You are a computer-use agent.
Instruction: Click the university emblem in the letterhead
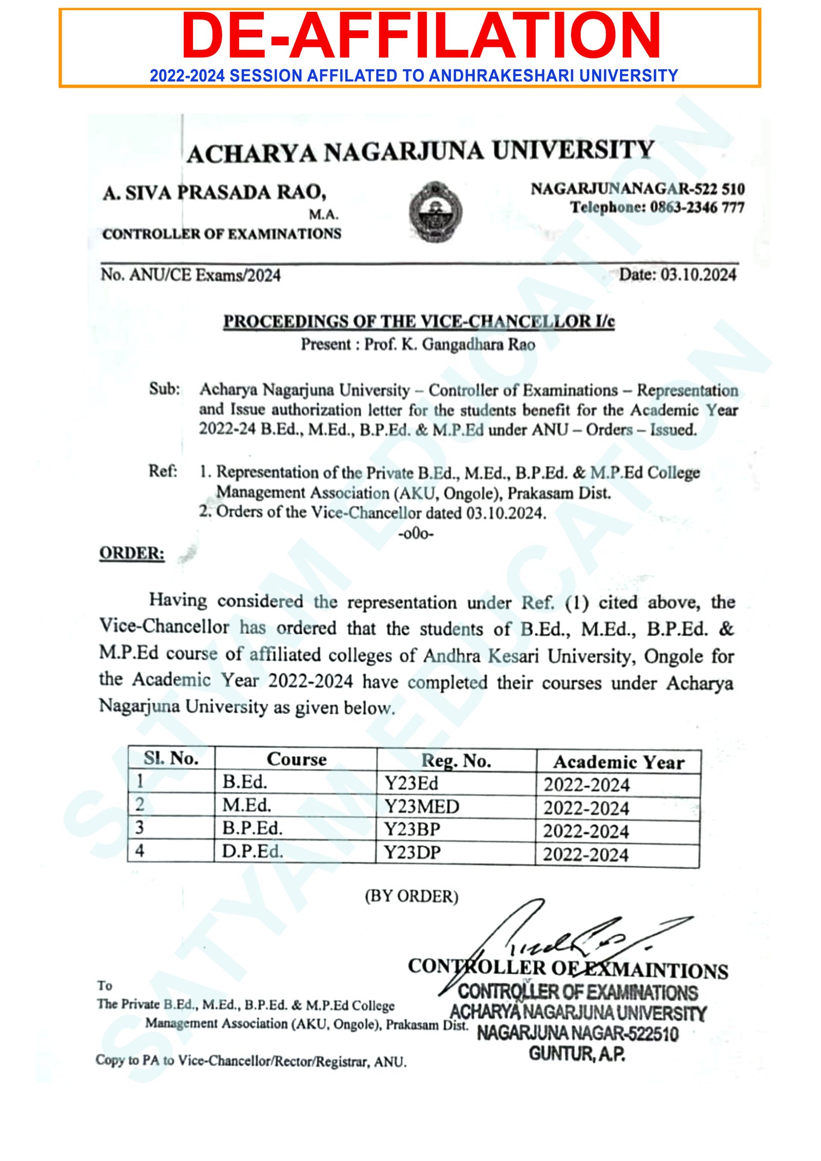coord(435,211)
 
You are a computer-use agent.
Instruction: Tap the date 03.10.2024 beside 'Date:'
coord(698,275)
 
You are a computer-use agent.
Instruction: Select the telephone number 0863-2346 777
coord(697,208)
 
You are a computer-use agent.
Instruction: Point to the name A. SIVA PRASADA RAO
coord(214,193)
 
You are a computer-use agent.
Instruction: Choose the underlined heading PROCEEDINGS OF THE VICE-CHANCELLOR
coord(418,322)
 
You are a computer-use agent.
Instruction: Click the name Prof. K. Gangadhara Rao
coord(449,345)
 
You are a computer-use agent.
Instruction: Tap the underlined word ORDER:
coord(132,554)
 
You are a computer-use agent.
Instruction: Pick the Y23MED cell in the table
coord(422,807)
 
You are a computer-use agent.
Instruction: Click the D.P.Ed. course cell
coord(252,852)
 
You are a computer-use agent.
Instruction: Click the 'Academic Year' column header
coord(618,762)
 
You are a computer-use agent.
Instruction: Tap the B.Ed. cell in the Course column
coord(245,782)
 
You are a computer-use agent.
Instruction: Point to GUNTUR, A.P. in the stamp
coord(577,1054)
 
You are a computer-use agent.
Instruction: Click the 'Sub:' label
coord(165,389)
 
